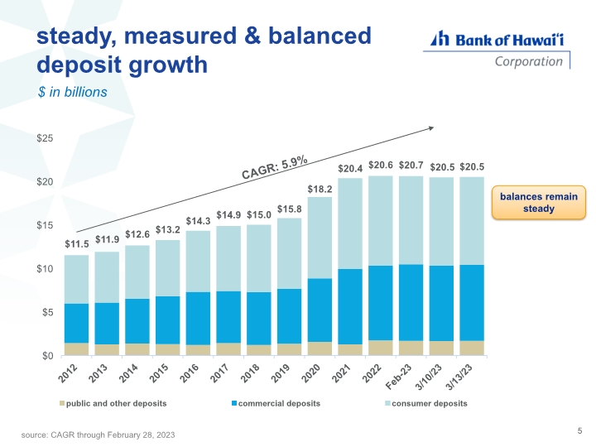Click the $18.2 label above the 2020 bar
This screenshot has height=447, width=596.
point(320,190)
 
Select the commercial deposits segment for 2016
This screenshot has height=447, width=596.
point(198,319)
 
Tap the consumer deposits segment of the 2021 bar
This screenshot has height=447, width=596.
point(350,223)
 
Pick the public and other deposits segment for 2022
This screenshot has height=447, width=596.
point(381,348)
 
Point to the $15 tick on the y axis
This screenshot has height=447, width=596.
point(45,225)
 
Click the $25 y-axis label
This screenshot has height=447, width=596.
point(45,138)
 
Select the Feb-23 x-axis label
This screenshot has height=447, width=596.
point(399,377)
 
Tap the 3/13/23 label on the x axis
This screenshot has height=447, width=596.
point(459,377)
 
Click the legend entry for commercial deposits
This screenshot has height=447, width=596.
point(276,403)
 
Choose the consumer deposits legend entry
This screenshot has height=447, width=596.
point(426,403)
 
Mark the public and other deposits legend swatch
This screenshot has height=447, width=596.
point(62,403)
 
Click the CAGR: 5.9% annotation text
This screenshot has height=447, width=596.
point(275,167)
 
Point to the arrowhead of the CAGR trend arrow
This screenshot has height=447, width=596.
point(432,128)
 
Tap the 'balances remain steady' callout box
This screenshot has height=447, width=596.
point(539,203)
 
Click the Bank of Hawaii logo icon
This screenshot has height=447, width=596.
point(440,38)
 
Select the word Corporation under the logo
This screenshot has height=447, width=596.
point(528,61)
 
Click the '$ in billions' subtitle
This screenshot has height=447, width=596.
point(72,92)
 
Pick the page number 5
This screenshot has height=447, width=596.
point(579,430)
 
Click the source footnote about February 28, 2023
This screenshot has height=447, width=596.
point(98,435)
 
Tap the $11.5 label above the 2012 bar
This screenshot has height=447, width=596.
point(76,244)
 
